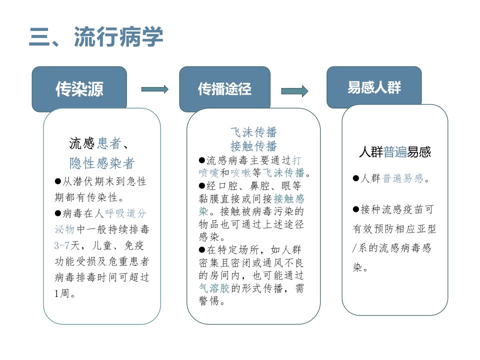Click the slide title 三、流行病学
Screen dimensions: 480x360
(x=96, y=36)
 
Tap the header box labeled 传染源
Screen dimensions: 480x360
(x=79, y=89)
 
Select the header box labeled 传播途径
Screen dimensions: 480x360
(x=224, y=89)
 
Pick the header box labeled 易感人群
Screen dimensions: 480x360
(x=374, y=87)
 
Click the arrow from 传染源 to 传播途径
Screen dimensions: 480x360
(x=155, y=89)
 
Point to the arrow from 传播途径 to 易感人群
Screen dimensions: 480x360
(x=294, y=91)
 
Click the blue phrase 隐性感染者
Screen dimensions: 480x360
(x=102, y=163)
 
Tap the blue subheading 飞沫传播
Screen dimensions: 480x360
(x=253, y=132)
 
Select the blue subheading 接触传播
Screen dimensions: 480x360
(x=253, y=146)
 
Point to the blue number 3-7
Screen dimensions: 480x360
(x=62, y=245)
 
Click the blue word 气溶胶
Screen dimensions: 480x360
(x=214, y=288)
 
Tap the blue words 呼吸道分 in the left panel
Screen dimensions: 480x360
(x=125, y=213)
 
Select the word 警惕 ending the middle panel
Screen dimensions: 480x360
(x=209, y=301)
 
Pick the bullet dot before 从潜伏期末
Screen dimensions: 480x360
(x=57, y=181)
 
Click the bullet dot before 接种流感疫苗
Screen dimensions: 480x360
(x=355, y=209)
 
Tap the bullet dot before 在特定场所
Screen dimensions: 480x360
(x=201, y=250)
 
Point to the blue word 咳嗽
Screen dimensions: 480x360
(x=240, y=173)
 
